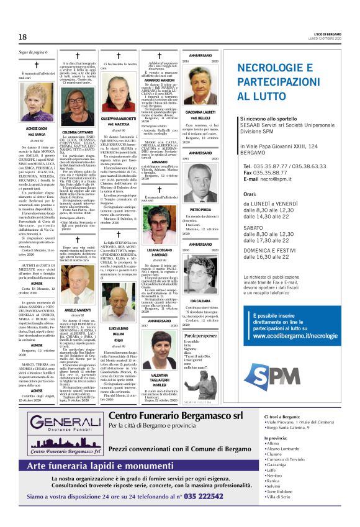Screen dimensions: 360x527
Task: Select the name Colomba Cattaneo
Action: pos(78,132)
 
